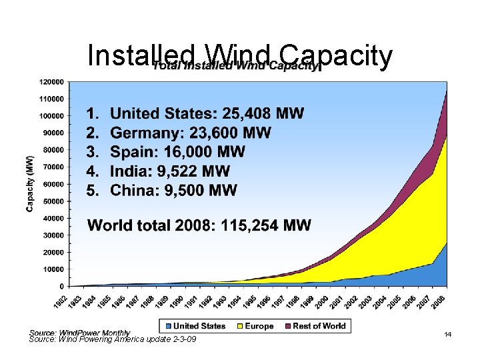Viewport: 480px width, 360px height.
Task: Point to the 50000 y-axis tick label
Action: coord(52,201)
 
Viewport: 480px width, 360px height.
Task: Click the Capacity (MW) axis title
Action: coord(30,183)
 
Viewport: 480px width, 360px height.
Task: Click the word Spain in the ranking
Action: coord(131,152)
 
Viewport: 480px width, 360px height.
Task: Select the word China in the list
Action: coord(133,191)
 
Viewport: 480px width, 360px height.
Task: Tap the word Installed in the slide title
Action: coord(140,57)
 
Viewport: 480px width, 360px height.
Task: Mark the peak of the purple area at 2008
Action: coord(446,90)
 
